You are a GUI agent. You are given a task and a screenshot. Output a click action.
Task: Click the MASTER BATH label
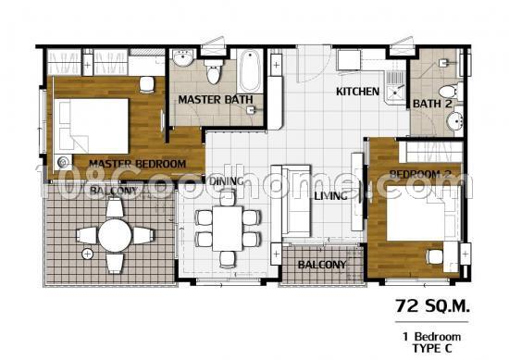click(x=216, y=99)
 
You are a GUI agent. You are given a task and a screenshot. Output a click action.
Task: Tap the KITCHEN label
click(x=357, y=92)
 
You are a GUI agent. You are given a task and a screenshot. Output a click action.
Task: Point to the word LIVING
click(x=330, y=196)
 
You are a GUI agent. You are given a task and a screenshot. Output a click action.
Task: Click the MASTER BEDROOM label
click(x=137, y=164)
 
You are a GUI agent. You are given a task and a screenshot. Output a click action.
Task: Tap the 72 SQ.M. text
click(x=432, y=305)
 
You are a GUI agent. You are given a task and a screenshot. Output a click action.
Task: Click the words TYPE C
click(x=432, y=348)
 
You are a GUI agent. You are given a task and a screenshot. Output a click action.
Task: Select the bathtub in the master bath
click(x=249, y=71)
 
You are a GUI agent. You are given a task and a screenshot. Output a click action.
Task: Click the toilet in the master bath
click(x=213, y=71)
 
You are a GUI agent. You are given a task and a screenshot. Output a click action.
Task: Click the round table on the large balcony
click(x=115, y=235)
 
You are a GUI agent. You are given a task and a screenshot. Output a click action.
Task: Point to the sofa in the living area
click(x=291, y=201)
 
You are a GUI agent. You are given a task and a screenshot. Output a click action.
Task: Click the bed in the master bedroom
click(x=92, y=126)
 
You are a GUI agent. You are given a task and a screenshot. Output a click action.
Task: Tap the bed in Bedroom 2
click(x=424, y=213)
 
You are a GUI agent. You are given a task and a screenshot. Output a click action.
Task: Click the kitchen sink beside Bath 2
click(x=394, y=88)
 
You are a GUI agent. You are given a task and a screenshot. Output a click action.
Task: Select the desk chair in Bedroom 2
click(x=435, y=256)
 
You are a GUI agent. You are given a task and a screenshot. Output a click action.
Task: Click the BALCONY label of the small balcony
click(x=322, y=265)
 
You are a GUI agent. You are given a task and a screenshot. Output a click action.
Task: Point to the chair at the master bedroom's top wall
click(x=147, y=84)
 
